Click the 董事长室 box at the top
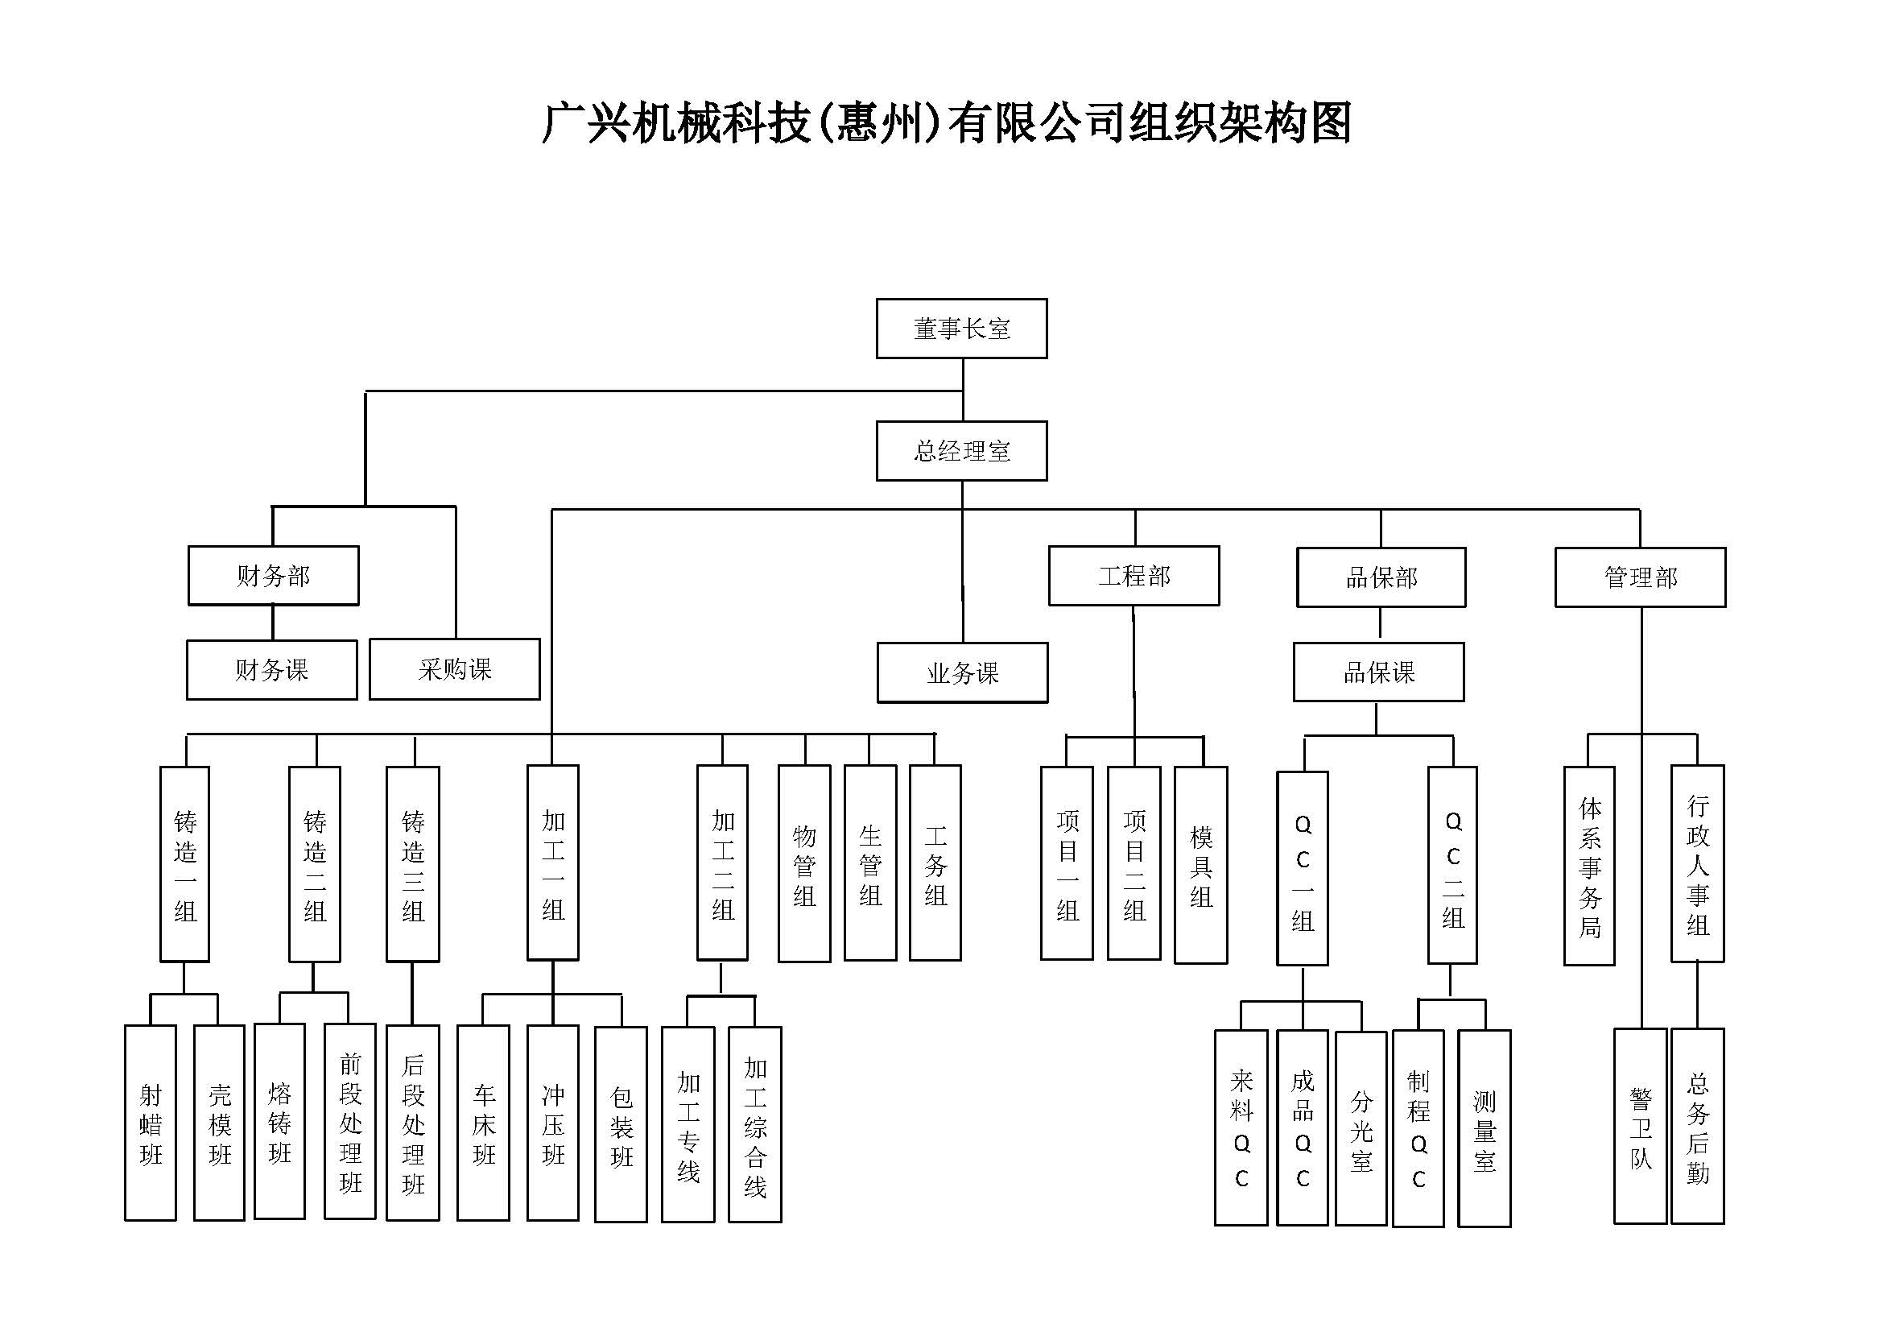click(x=961, y=328)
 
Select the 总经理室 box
click(x=961, y=450)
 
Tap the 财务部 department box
click(x=273, y=576)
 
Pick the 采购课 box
click(x=454, y=669)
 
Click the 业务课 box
click(x=962, y=672)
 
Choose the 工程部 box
click(x=1134, y=576)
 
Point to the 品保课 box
click(x=1378, y=672)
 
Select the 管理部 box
click(x=1640, y=577)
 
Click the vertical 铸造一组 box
click(x=184, y=863)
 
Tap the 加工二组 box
click(x=722, y=862)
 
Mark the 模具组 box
click(x=1200, y=864)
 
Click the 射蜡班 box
click(x=150, y=1123)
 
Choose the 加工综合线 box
click(x=754, y=1124)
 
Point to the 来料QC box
click(x=1241, y=1127)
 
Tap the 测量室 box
click(x=1484, y=1128)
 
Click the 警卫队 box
click(x=1640, y=1126)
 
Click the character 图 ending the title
click(x=1329, y=123)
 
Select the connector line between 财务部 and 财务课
click(x=273, y=623)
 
